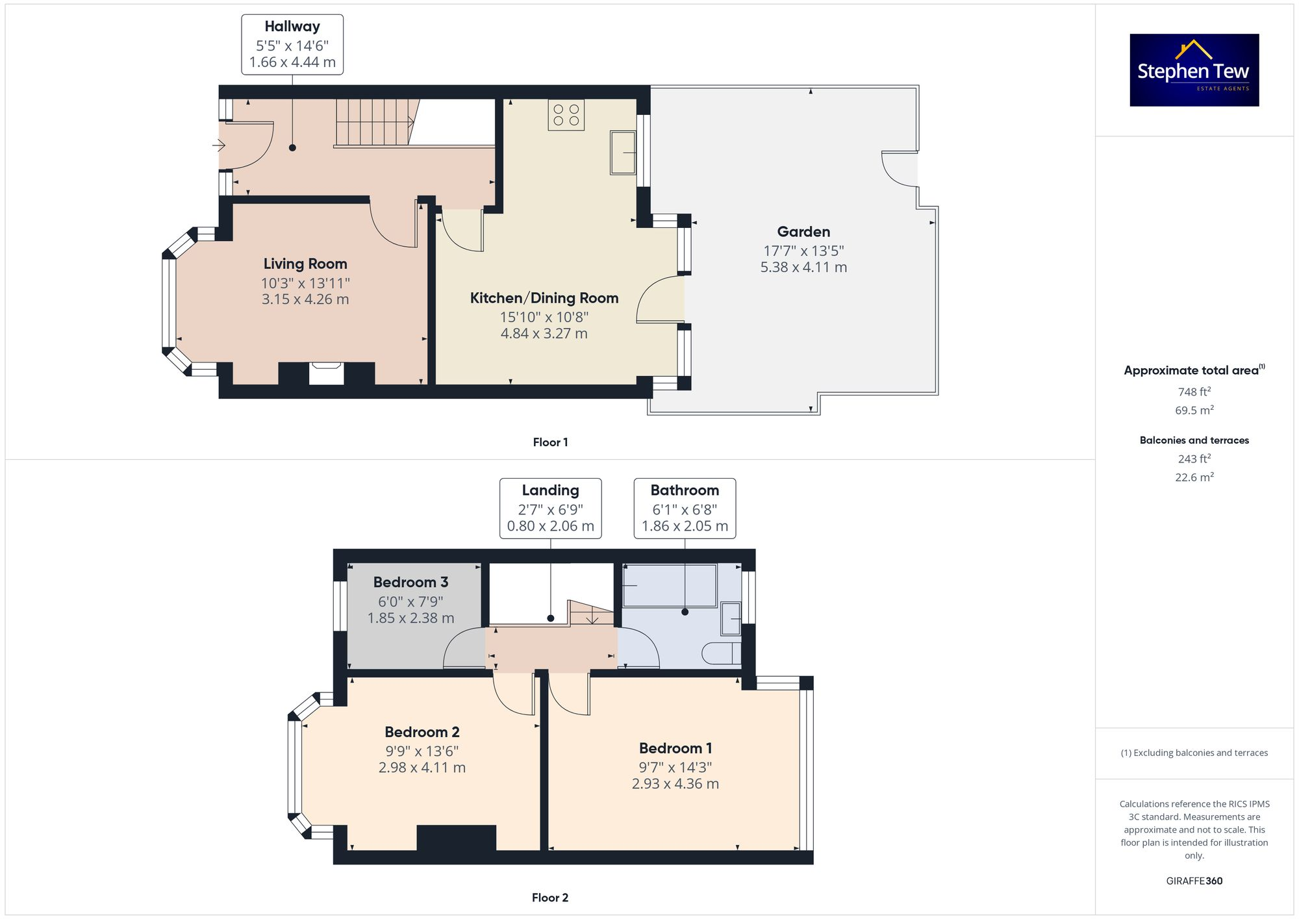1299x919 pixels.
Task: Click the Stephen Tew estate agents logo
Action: [1194, 70]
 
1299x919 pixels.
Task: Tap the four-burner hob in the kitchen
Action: [566, 115]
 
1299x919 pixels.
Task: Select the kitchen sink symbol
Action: [622, 153]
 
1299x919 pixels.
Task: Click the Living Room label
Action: [305, 264]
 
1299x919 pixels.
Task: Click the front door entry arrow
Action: [219, 145]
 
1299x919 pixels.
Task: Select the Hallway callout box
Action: [292, 45]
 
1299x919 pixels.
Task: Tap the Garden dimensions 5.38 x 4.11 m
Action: [803, 267]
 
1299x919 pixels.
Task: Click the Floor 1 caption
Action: [550, 442]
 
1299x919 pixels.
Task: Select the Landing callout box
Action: [550, 509]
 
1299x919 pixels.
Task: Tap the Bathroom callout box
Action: [685, 509]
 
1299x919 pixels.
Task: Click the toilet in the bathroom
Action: [721, 653]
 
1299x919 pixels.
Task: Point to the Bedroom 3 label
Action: [410, 582]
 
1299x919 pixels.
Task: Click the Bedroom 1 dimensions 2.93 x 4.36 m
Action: [675, 783]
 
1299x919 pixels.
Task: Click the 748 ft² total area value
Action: [1194, 392]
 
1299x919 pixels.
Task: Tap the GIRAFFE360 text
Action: [1194, 881]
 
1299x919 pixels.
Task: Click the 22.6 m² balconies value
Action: [1194, 477]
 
